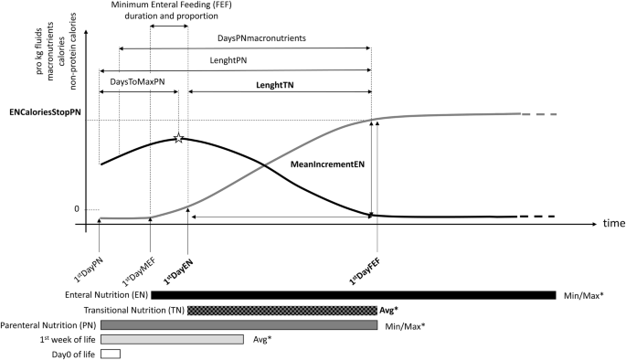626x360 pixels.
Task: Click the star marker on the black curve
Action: point(179,138)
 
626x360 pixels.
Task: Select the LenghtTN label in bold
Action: point(280,85)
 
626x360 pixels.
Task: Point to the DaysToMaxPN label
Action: point(138,82)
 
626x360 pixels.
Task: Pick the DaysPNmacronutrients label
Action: point(261,39)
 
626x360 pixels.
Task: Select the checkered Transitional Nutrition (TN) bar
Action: point(281,310)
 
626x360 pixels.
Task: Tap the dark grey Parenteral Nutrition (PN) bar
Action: point(239,324)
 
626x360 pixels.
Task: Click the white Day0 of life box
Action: point(111,354)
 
